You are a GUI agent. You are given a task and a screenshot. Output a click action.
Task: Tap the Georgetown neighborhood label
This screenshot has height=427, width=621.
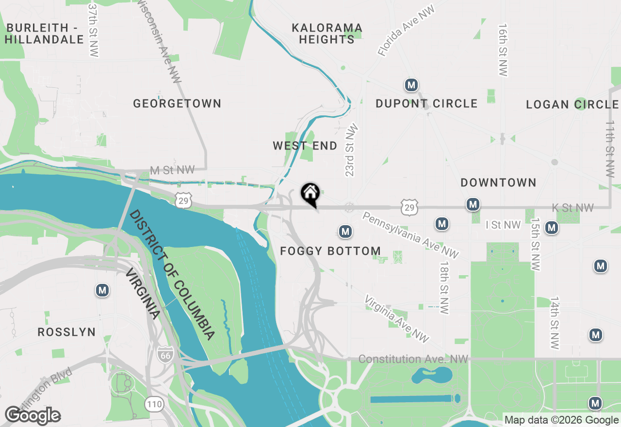coord(177,103)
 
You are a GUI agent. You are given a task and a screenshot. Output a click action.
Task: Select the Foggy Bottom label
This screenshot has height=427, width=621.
coord(330,251)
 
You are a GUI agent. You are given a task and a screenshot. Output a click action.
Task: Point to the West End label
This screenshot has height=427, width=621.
coord(305,146)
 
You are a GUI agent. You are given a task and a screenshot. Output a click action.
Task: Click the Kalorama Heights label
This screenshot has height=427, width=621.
coord(327,33)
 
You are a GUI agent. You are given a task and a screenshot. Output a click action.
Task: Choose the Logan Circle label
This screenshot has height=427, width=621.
coord(572,104)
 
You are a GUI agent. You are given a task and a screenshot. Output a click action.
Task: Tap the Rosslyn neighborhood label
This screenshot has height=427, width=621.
coord(67,332)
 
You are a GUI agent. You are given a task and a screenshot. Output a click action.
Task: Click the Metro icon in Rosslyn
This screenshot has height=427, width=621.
coord(102,291)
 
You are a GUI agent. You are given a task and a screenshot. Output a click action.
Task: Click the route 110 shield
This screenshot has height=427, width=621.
coord(154,403)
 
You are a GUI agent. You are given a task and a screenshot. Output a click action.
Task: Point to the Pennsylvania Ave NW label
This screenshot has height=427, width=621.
coord(410,235)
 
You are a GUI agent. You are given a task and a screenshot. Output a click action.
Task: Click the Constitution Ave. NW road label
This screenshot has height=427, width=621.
coord(413,359)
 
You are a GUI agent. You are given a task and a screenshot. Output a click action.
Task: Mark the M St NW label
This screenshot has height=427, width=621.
coord(172,170)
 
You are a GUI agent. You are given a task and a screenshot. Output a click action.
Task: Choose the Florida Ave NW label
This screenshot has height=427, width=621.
coord(407,32)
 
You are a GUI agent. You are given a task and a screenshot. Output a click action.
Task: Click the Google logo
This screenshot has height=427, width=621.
coord(33,416)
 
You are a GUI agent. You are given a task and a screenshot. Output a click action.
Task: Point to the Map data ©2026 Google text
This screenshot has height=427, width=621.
coord(561,420)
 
